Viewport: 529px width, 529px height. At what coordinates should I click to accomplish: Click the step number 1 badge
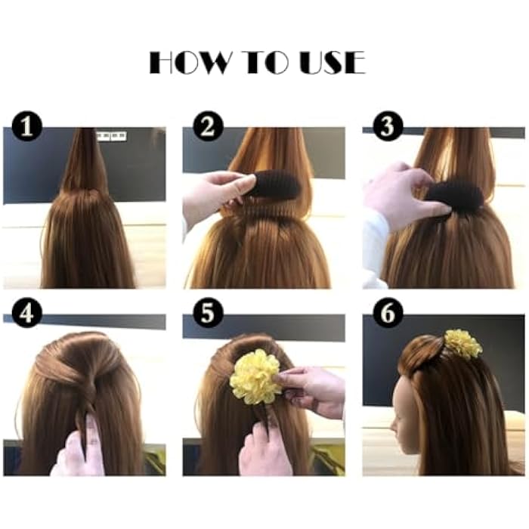click(27, 126)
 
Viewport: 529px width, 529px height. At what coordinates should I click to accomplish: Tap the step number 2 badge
click(207, 126)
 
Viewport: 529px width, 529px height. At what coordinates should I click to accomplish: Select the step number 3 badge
click(388, 126)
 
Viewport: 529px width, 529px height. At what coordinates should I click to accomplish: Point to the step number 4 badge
click(27, 312)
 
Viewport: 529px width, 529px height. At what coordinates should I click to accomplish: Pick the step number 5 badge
click(207, 312)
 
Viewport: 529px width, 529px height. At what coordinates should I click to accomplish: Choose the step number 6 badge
click(388, 312)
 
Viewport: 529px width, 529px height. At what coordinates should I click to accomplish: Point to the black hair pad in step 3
click(453, 195)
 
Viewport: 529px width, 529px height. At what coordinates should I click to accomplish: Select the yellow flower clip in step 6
click(462, 344)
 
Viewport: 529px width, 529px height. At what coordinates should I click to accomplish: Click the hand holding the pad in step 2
click(215, 196)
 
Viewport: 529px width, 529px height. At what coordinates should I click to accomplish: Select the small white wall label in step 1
click(110, 136)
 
